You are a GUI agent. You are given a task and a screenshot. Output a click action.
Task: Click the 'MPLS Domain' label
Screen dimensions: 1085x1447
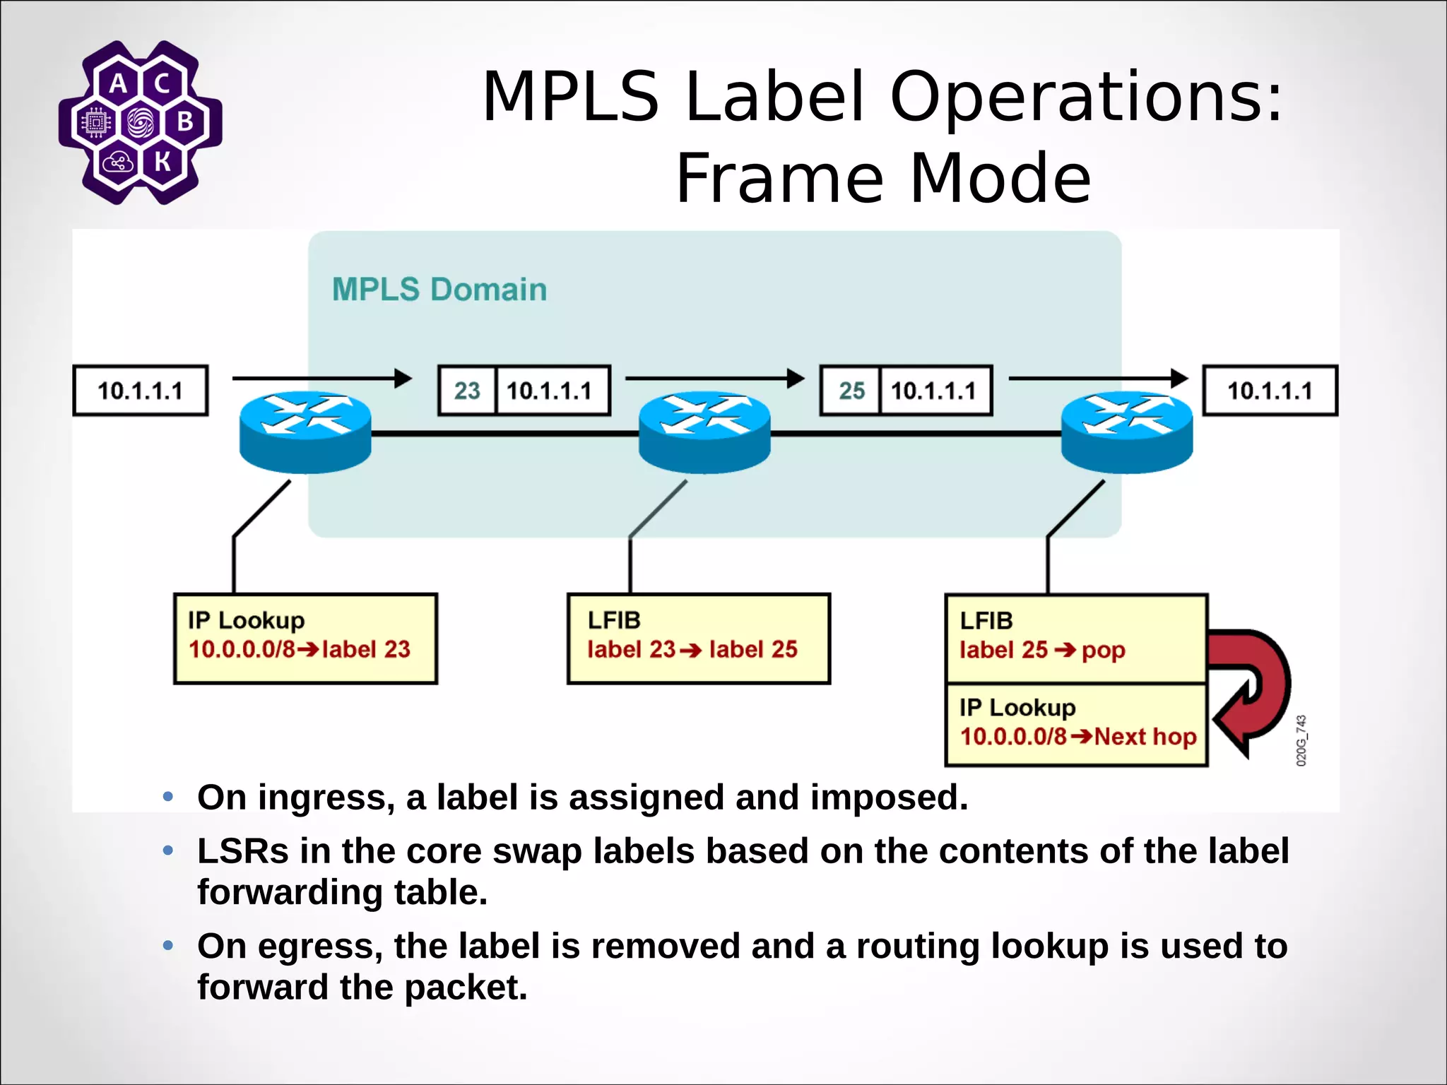pos(439,290)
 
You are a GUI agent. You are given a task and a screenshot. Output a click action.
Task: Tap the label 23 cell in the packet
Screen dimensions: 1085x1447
pos(467,391)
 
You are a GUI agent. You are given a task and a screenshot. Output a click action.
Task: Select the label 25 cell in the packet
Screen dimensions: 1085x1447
pos(851,391)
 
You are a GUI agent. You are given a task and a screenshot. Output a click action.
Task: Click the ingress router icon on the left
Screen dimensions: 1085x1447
pos(305,432)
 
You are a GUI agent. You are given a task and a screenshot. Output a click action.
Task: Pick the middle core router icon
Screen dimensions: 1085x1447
pos(704,432)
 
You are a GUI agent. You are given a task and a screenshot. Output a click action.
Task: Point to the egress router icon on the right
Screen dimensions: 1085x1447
pos(1127,432)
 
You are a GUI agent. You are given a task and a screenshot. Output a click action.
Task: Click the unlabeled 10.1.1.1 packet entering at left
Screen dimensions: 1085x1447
pos(140,391)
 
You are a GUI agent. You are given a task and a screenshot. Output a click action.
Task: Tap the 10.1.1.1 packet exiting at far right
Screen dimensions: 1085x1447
pos(1270,391)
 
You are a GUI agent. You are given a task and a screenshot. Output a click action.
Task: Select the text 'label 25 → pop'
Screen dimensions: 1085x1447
pos(1042,650)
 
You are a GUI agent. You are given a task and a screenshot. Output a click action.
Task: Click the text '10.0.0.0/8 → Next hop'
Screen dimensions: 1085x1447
pos(1077,737)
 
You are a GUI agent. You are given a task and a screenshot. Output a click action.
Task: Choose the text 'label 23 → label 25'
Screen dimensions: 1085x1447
pos(692,649)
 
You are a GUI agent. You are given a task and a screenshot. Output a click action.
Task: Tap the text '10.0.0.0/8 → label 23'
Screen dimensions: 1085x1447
pos(299,649)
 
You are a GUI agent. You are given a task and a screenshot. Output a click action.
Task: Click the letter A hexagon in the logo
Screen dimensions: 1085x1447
pos(118,83)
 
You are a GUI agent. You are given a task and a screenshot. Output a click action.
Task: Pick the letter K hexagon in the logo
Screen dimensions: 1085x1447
pos(163,162)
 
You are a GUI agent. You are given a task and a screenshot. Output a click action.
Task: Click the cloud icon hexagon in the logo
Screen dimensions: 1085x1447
pos(117,163)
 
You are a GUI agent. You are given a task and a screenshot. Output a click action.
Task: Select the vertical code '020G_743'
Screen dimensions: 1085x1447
pos(1301,740)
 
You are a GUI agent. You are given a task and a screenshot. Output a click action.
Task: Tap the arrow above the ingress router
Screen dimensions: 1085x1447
pos(321,378)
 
